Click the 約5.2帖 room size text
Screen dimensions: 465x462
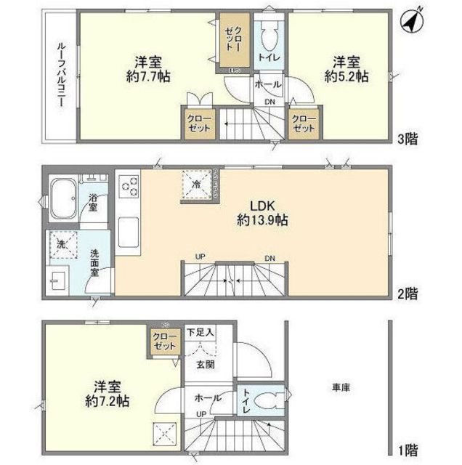point(345,75)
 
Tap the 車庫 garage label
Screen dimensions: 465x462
point(341,388)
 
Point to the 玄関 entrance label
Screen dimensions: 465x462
point(205,365)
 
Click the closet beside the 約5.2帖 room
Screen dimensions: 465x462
point(304,123)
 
